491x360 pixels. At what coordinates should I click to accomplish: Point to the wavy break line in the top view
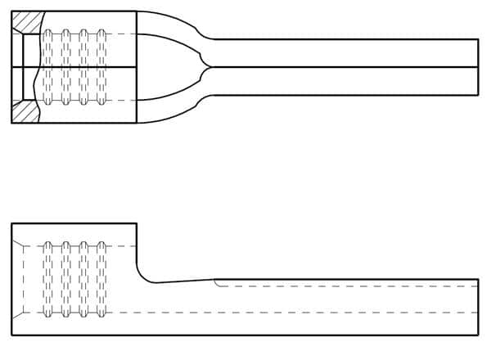[x=36, y=66]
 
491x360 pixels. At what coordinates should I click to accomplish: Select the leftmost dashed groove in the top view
[x=47, y=66]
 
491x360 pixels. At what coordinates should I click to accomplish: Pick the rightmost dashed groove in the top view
[x=101, y=66]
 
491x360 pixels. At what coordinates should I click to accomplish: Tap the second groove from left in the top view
[x=65, y=66]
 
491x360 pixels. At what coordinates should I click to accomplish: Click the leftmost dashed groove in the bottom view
[x=47, y=279]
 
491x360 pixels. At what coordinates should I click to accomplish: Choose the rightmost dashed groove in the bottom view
[x=101, y=279]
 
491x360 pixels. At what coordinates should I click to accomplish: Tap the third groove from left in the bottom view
[x=83, y=279]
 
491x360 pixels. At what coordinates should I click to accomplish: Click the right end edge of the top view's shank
[x=478, y=66]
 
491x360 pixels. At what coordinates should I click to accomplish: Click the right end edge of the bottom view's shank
[x=478, y=307]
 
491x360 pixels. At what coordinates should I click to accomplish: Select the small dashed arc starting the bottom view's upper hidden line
[x=216, y=283]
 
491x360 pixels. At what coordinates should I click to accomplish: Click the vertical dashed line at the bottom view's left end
[x=24, y=278]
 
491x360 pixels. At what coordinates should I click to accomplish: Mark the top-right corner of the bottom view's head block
[x=136, y=223]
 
